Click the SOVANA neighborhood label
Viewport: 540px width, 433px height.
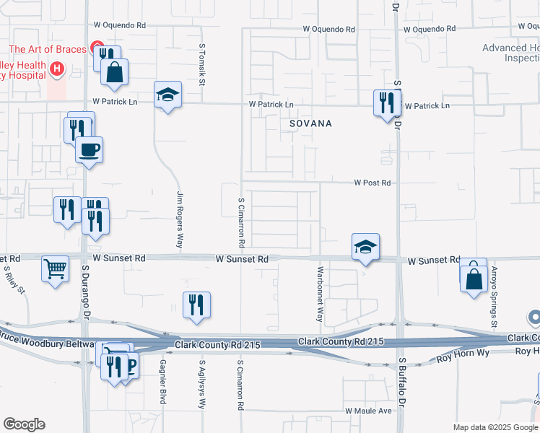[x=310, y=123]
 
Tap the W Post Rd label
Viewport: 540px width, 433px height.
[x=372, y=183]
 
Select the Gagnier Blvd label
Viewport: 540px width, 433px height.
[x=163, y=381]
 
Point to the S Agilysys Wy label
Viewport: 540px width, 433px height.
[x=202, y=385]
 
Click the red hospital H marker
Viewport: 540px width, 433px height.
[x=56, y=70]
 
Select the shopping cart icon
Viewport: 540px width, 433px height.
[x=55, y=268]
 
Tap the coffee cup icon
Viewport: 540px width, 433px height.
[x=89, y=149]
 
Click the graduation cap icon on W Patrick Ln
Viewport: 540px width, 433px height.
[x=167, y=95]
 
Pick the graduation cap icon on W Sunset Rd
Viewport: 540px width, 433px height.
[x=365, y=248]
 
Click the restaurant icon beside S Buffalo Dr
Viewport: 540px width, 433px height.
[x=386, y=102]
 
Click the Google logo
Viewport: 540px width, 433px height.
[x=24, y=424]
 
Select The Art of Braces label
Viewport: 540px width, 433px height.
[x=48, y=50]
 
